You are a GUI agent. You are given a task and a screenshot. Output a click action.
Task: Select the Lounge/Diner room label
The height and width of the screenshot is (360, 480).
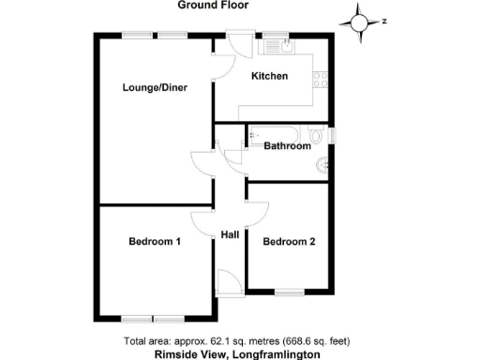155,88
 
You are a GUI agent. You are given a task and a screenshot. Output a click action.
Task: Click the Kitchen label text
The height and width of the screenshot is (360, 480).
269,76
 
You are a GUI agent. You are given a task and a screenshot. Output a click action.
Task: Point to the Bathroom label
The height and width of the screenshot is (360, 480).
286,146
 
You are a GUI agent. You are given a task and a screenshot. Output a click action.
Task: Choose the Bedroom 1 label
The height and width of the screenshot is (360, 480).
155,242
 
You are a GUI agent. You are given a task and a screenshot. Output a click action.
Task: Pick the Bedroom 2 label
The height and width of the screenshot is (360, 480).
289,242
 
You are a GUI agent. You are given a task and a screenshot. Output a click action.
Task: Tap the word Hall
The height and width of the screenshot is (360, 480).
231,234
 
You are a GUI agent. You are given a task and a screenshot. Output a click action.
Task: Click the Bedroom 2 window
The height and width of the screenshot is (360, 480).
288,292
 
